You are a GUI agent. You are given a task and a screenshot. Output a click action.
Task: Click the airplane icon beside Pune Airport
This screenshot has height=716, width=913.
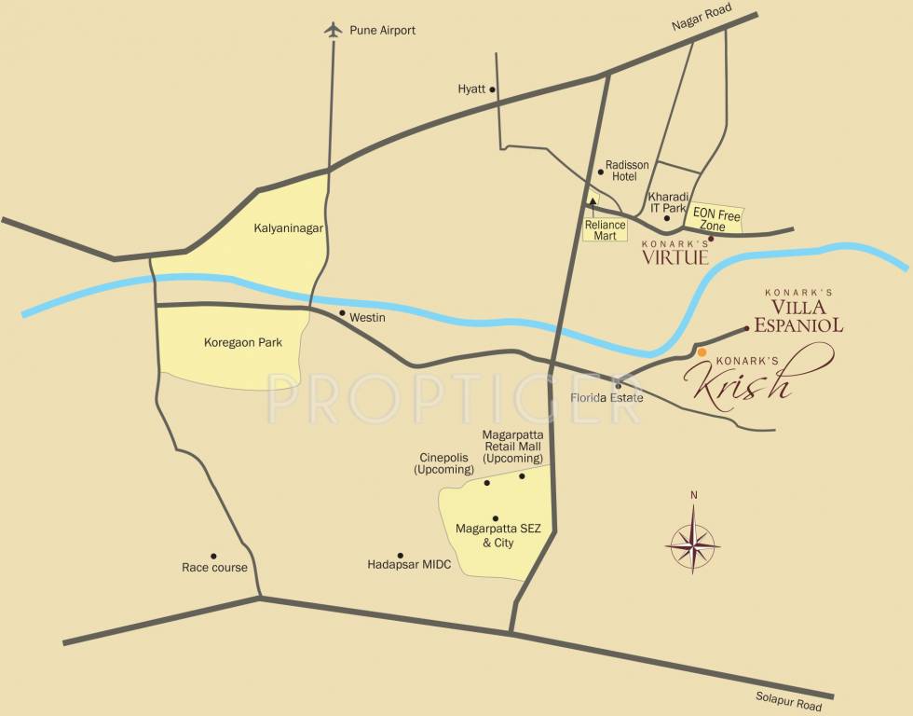[x=333, y=30]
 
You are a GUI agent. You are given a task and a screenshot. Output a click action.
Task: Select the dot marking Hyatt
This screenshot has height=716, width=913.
[x=493, y=89]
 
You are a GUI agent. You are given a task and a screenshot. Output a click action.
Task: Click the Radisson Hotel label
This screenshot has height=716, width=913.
[x=627, y=171]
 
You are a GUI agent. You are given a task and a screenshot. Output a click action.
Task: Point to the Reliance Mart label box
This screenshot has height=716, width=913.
[x=606, y=229]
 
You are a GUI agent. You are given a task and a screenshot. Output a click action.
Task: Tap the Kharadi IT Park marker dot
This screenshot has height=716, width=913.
[x=667, y=218]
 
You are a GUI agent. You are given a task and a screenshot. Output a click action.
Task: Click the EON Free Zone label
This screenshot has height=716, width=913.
[x=716, y=220]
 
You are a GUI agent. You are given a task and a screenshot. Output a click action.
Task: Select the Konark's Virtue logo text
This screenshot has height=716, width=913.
[x=675, y=254]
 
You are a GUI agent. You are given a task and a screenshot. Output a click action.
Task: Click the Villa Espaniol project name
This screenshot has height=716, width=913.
[x=798, y=313]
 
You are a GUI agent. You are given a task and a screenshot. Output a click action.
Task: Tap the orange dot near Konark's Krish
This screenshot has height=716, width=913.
[x=702, y=352]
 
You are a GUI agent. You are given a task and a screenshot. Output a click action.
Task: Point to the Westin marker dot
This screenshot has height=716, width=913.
[x=342, y=313]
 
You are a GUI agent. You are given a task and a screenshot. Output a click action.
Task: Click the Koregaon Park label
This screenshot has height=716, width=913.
[x=242, y=342]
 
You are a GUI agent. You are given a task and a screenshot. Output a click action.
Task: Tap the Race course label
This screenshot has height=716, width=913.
[x=214, y=568]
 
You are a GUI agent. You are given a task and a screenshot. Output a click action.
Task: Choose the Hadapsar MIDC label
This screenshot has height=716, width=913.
[x=409, y=564]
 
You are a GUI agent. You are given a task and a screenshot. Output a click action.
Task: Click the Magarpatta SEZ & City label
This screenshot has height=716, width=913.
[x=497, y=535]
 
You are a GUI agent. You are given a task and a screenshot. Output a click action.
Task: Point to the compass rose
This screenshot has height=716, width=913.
[x=692, y=543]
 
